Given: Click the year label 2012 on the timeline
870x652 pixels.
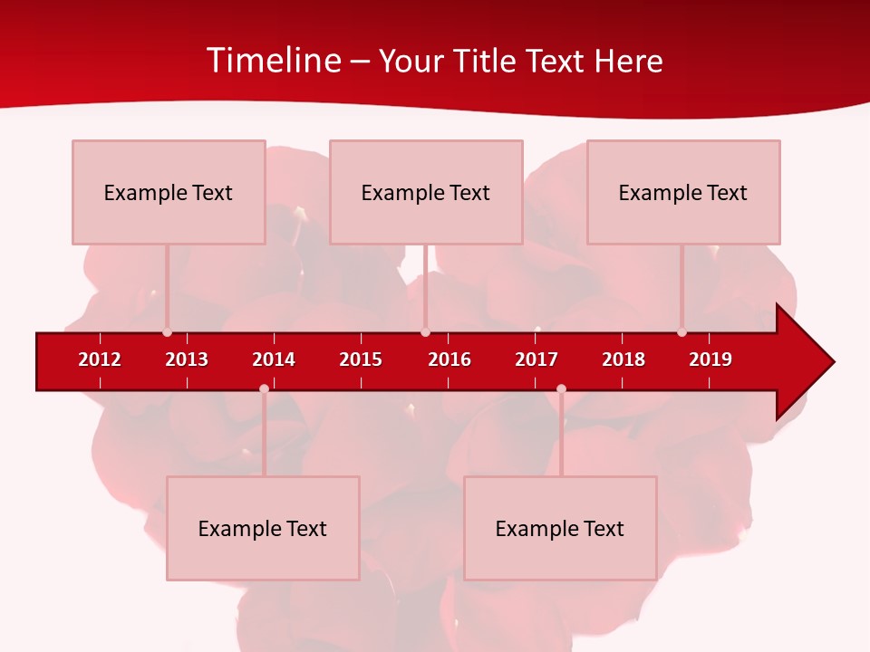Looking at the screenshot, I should click(100, 360).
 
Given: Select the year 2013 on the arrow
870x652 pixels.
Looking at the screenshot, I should click(187, 360).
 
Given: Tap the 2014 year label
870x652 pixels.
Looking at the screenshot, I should click(274, 360).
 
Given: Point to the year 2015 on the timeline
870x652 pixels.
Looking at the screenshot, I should click(361, 360).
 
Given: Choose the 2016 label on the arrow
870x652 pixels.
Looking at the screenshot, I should click(449, 360).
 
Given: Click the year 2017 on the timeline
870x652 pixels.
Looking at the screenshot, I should click(536, 360).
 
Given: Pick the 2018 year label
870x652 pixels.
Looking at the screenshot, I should click(623, 360).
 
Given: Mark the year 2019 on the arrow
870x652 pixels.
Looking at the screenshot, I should click(710, 360).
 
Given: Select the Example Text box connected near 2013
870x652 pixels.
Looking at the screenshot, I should click(169, 192).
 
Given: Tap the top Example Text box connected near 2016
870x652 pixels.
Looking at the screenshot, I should click(426, 192).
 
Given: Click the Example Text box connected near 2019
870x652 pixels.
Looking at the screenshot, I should click(683, 192).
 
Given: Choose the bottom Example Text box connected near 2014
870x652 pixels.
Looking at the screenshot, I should click(263, 528).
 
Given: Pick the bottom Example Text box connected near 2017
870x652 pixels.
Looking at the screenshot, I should click(560, 528).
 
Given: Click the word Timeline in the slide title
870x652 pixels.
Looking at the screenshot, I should click(272, 61).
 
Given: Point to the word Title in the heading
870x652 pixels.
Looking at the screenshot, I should click(488, 61).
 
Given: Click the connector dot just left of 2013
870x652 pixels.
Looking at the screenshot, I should click(167, 332).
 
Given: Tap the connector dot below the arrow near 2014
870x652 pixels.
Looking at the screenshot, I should click(264, 388).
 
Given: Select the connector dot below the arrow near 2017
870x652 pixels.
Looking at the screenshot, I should click(561, 388).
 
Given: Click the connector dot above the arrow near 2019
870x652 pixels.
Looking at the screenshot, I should click(681, 332).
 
